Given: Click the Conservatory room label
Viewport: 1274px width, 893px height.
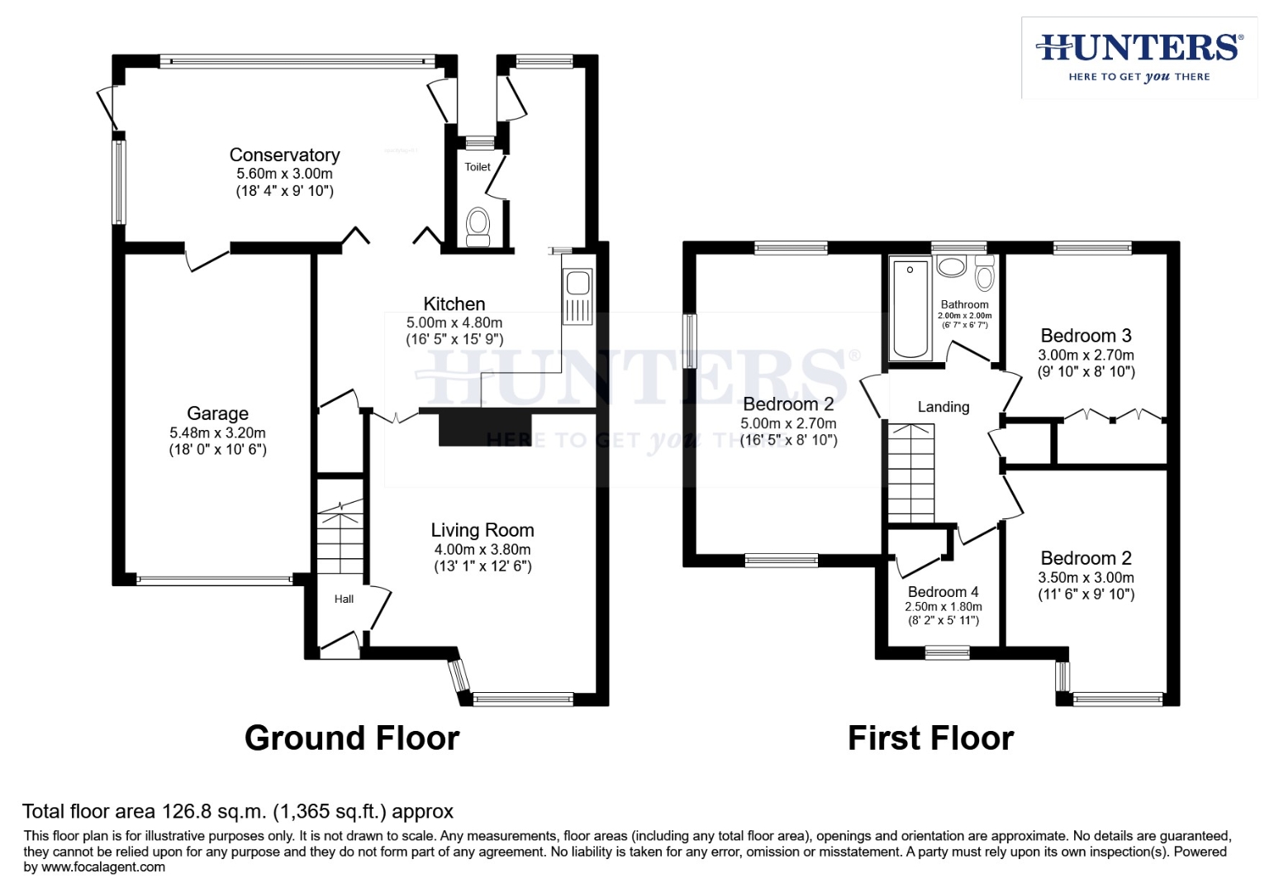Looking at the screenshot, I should pyautogui.click(x=284, y=155).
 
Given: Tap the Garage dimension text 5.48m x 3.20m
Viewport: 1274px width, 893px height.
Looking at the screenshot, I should pyautogui.click(x=217, y=432).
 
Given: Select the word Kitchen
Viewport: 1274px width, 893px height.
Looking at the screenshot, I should pyautogui.click(x=454, y=304).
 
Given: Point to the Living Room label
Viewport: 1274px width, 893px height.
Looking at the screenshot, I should pyautogui.click(x=482, y=530).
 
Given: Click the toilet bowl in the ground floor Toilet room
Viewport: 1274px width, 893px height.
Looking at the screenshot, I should pyautogui.click(x=478, y=225).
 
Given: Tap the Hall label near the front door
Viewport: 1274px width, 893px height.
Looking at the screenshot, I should pyautogui.click(x=344, y=599).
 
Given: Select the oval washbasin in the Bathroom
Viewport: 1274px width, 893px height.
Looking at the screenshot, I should pyautogui.click(x=952, y=266).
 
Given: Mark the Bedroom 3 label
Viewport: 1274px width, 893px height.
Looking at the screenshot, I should pyautogui.click(x=1086, y=336).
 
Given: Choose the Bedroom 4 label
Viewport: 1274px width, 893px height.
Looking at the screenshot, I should pyautogui.click(x=943, y=592).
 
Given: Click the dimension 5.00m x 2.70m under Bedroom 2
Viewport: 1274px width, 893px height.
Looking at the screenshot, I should pyautogui.click(x=788, y=423).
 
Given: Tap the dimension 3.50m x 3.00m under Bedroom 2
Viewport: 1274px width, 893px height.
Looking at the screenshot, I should pyautogui.click(x=1086, y=578).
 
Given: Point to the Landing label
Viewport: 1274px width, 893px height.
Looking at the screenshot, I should pyautogui.click(x=943, y=407).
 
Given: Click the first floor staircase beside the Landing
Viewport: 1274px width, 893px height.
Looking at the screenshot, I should pyautogui.click(x=910, y=472).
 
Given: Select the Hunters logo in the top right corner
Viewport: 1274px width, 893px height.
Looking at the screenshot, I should pyautogui.click(x=1139, y=56).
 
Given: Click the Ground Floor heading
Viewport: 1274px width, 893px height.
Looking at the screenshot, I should pyautogui.click(x=352, y=738).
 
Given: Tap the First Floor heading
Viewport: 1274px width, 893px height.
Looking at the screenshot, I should pyautogui.click(x=930, y=738).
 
